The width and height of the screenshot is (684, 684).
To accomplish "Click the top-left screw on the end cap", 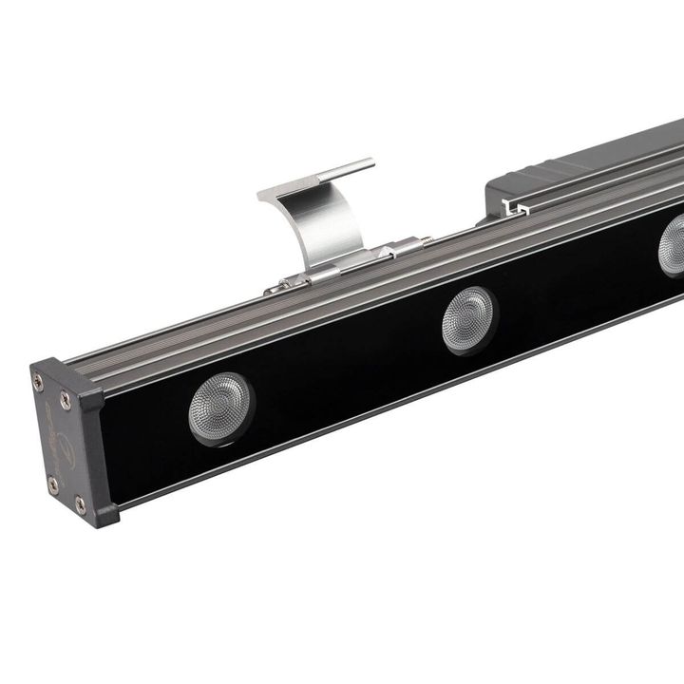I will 38,382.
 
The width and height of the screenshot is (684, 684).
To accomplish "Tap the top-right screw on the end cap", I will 66,400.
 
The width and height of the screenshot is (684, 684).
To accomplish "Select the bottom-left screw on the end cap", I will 52,484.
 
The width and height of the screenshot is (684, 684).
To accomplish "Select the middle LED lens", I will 468,317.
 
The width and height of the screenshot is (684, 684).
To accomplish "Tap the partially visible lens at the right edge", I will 673,245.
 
